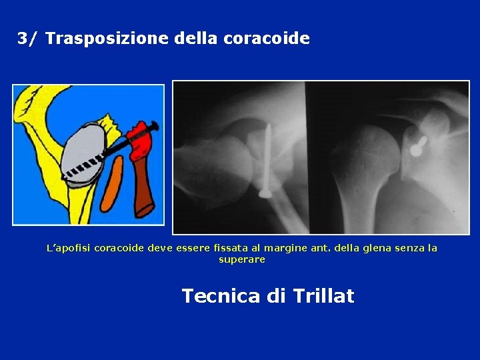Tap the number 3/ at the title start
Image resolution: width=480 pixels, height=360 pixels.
tap(29, 39)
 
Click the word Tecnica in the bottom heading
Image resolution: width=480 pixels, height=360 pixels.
tap(220, 295)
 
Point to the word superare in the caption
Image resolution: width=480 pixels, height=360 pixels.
tap(242, 259)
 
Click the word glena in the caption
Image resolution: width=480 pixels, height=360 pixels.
tap(373, 248)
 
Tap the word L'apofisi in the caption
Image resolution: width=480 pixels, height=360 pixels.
tap(68, 248)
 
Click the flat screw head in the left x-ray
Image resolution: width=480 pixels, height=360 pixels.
tap(265, 193)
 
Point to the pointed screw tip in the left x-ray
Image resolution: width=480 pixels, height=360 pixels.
tap(270, 126)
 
